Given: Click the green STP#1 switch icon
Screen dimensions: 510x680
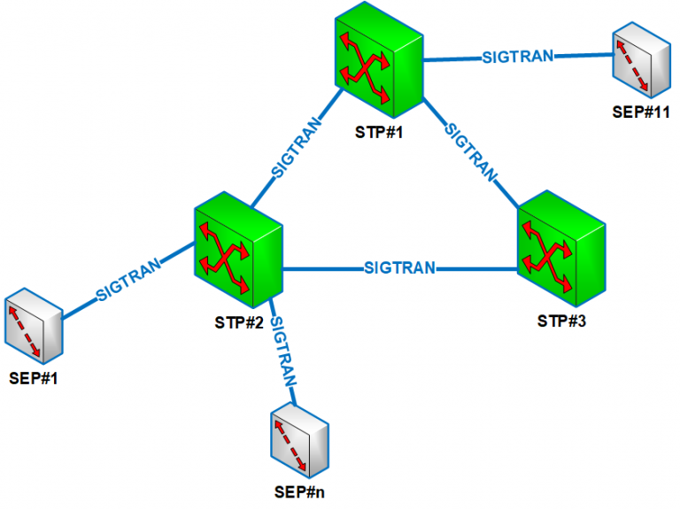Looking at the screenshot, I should [378, 66].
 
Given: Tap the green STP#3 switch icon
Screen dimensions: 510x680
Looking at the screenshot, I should [561, 243].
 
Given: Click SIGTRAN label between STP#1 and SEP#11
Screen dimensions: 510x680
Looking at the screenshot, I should [517, 57].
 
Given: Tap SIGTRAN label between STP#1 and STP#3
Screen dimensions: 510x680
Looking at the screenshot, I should [469, 151].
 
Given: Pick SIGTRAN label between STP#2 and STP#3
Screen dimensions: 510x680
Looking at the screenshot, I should [399, 267].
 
